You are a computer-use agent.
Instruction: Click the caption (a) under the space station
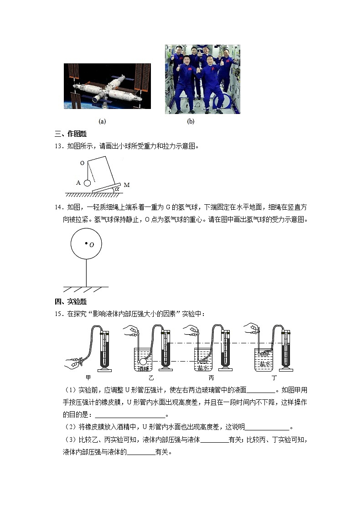102,122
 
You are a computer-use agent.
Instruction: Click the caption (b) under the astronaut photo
191,122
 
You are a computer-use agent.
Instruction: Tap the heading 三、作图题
70,134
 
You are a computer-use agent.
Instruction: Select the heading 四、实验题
70,302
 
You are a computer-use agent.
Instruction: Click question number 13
58,146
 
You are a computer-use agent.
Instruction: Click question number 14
58,207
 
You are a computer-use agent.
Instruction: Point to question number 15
58,314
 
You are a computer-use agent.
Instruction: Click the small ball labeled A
87,183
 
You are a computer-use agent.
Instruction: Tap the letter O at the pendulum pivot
82,163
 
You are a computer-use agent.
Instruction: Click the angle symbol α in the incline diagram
117,188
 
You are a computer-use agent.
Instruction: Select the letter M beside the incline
126,185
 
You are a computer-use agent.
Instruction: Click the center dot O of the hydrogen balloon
86,244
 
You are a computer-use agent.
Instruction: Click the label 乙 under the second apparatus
151,378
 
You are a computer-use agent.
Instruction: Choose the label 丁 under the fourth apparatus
274,378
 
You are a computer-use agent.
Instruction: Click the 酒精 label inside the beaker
143,368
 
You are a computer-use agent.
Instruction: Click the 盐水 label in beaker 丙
203,367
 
